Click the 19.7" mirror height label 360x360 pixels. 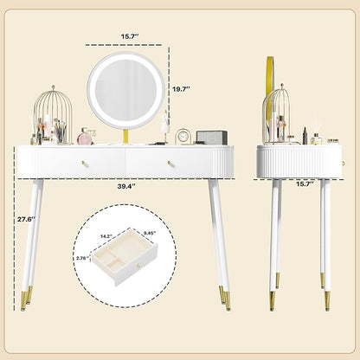coord(181,89)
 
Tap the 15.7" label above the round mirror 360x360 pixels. coord(130,36)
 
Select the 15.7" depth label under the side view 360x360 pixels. coord(305,184)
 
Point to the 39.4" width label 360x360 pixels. coord(126,186)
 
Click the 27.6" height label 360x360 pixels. coord(26,219)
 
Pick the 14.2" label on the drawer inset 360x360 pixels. coord(106,236)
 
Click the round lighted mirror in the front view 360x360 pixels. coord(126,90)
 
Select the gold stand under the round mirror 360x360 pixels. coord(126,136)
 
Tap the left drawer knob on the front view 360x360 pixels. coord(84,164)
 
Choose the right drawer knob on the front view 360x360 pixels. coord(170,164)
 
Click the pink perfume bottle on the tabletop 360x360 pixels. coord(86,137)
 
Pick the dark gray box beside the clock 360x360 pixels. coord(211,138)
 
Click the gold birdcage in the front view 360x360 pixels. coord(53,115)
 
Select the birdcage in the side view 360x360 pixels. coord(276,113)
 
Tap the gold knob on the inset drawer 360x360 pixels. coord(138,266)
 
